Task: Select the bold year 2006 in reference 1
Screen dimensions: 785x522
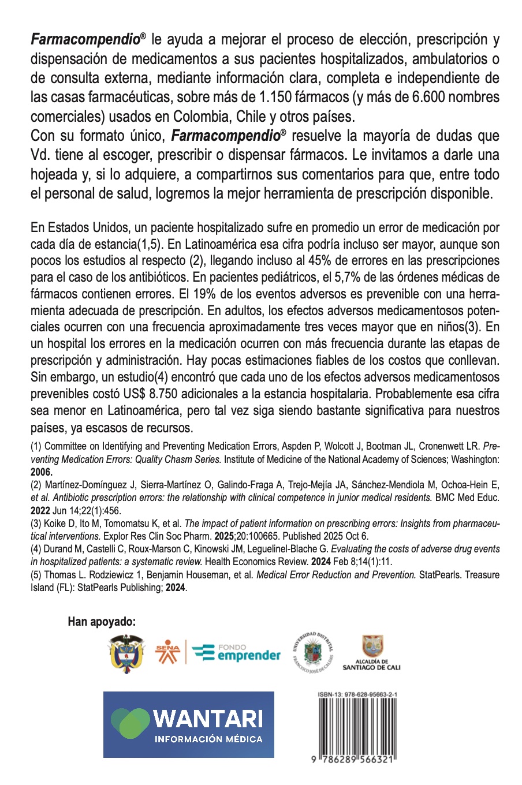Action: click(x=41, y=472)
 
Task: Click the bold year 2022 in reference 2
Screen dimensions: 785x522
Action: click(x=41, y=510)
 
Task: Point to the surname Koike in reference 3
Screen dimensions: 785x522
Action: click(x=55, y=524)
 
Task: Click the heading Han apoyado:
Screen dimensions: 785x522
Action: click(x=102, y=622)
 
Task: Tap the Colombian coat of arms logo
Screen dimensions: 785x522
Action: click(x=126, y=654)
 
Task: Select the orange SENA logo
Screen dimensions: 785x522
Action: click(x=168, y=652)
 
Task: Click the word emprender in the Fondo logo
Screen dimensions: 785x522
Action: click(x=249, y=656)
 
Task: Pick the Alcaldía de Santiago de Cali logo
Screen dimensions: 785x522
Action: click(x=372, y=653)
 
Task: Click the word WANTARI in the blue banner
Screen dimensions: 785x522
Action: click(x=208, y=719)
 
